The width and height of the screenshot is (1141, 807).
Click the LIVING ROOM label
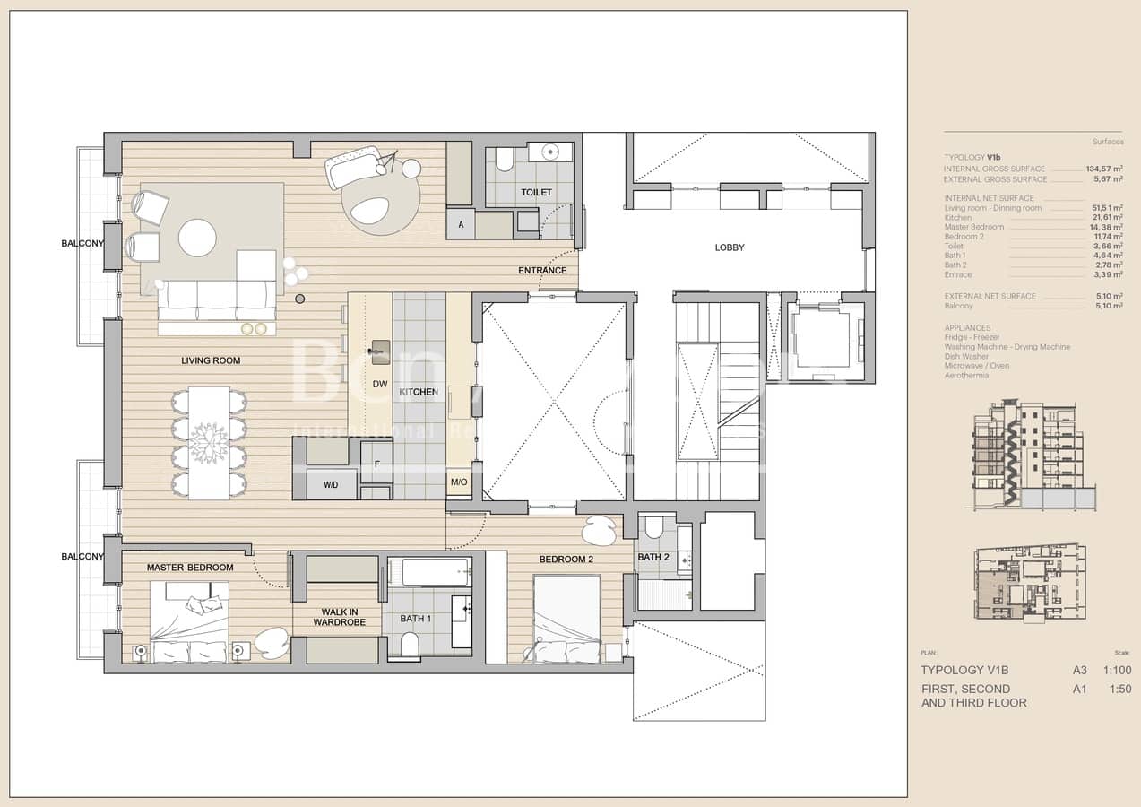[211, 360]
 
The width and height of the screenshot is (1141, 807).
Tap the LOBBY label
[730, 247]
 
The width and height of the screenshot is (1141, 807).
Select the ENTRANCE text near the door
[542, 271]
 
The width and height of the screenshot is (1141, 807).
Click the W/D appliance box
[330, 485]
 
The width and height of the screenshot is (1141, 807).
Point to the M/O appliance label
[459, 482]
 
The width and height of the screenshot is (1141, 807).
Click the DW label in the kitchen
[379, 384]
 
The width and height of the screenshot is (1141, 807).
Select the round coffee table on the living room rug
[197, 238]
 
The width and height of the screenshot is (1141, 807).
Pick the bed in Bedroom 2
[566, 619]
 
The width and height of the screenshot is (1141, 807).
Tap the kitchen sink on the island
[380, 347]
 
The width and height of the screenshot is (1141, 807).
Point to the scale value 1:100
[1117, 671]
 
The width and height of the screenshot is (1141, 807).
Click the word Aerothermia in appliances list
[967, 375]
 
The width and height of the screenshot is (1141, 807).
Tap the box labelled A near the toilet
[461, 225]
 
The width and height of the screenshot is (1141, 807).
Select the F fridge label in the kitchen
[376, 464]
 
